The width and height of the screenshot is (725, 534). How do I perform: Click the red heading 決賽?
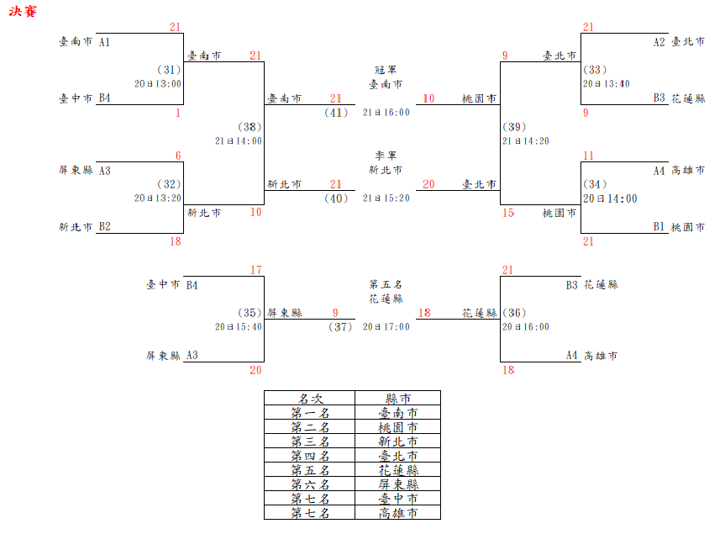point(24,13)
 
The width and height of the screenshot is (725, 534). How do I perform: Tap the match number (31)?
point(169,70)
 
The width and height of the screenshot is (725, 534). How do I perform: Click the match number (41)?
point(336,113)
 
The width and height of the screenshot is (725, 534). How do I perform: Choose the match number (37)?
point(339,327)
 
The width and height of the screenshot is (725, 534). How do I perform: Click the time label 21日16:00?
point(386,113)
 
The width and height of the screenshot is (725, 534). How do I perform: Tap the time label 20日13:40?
point(607,84)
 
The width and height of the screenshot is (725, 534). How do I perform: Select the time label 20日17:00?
point(386,327)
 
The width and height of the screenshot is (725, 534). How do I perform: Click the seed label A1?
point(105,41)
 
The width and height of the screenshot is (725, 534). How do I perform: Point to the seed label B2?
point(105,227)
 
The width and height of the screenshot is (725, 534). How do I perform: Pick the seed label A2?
point(659,41)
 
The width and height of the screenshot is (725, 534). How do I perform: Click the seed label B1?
point(659,227)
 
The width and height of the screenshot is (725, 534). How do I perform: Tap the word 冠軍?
point(386,70)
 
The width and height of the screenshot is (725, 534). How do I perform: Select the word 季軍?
point(386,156)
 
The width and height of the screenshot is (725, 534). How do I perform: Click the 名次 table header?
point(309,399)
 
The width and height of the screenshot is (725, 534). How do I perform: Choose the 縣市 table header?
point(397,399)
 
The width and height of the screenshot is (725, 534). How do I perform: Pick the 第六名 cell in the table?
point(309,484)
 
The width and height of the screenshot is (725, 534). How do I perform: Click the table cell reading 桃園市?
point(397,427)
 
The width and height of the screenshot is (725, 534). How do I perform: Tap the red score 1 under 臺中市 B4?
point(178,113)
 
